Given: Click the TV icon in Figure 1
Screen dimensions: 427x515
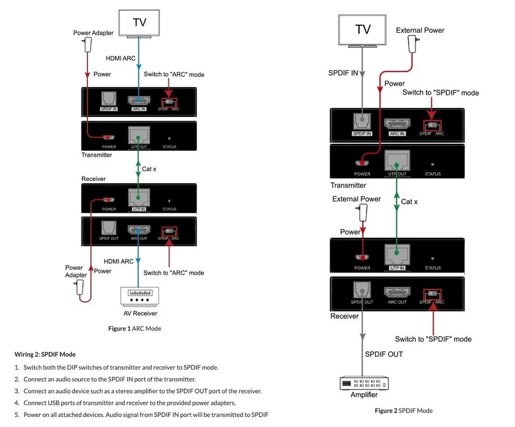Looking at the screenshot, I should (x=139, y=23).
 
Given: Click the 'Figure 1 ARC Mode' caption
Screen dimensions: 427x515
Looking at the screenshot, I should (x=135, y=328).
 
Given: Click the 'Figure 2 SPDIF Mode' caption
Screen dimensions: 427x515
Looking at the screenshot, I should (x=403, y=411).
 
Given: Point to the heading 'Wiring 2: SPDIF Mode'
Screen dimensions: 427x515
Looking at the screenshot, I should (x=45, y=354).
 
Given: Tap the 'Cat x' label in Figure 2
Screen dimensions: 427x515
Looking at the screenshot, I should (x=409, y=202).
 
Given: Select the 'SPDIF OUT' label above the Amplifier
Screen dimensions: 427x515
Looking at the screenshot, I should (x=384, y=354).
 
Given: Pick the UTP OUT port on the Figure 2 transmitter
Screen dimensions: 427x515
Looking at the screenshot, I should (x=396, y=160).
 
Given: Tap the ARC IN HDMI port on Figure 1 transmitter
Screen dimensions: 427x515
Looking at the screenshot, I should (x=139, y=100).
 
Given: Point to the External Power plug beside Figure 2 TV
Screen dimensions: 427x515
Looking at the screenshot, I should (x=413, y=43).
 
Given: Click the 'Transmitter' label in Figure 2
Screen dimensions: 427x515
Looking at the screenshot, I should (x=348, y=186).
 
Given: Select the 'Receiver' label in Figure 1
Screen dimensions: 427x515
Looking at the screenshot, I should (x=93, y=179).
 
